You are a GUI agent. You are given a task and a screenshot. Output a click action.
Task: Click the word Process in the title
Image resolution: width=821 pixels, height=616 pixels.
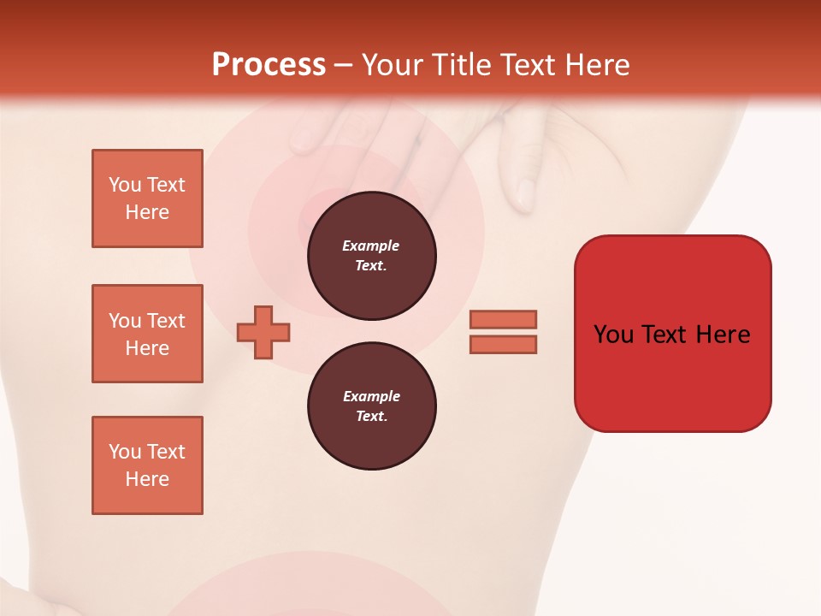(269, 65)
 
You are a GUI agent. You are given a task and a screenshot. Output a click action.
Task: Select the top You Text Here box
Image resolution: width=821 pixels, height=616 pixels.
(147, 198)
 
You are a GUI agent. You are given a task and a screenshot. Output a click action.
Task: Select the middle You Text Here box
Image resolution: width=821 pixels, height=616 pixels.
(147, 334)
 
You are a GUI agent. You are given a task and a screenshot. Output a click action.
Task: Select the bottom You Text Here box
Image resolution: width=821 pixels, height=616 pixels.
(147, 465)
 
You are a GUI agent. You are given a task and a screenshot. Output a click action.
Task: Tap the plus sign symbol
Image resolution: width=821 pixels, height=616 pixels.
(263, 332)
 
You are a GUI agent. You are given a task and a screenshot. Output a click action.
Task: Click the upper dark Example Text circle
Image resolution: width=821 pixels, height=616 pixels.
(371, 256)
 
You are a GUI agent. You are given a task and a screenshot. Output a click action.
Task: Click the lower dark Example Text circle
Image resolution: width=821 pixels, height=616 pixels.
(371, 406)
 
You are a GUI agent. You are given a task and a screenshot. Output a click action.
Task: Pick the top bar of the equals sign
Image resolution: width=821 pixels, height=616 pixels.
(503, 319)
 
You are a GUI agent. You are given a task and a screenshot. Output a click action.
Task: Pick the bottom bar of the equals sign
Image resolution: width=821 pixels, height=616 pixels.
(503, 344)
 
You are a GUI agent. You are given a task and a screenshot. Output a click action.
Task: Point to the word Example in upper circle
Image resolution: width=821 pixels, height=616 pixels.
(371, 246)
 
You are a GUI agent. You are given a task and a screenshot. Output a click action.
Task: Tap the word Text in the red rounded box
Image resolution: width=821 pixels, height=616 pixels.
(667, 335)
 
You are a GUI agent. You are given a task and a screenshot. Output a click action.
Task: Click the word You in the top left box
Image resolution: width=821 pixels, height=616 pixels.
(125, 185)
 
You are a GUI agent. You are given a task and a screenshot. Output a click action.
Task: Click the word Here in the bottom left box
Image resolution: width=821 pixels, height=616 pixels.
(147, 479)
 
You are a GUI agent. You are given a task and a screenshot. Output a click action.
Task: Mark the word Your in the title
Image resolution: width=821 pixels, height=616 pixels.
(393, 65)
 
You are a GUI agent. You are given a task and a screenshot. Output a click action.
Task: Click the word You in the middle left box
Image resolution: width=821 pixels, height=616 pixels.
(125, 321)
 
